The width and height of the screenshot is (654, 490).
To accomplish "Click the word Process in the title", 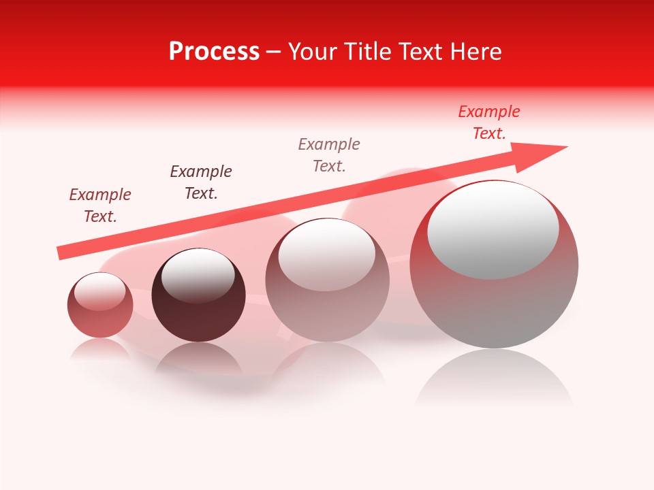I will point(214,52).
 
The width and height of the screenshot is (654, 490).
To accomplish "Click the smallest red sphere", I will point(100,305).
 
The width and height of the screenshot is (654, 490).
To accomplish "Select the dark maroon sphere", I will point(198,295).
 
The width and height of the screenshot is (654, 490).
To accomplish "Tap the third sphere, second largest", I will point(327,280).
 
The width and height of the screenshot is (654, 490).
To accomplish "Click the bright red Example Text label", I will point(488,122).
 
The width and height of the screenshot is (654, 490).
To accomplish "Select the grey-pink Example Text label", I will point(329,155).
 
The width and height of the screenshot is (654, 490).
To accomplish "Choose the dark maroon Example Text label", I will point(201,182).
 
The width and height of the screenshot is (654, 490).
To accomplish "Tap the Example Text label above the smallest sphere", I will point(100,206).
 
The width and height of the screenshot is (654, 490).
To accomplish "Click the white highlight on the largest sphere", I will point(493,230).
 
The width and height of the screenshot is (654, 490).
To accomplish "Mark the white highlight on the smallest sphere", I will point(99,291).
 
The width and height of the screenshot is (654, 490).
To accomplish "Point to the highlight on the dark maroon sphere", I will point(198,274).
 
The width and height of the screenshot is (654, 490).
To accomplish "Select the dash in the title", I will point(274,52).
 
